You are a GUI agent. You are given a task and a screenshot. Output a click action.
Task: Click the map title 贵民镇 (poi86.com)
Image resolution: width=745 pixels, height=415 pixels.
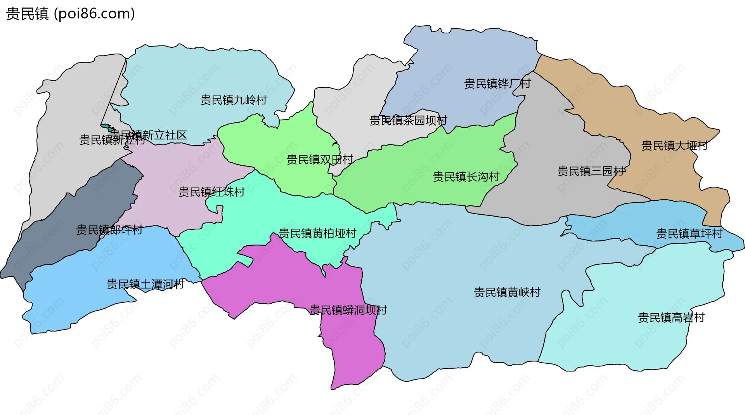70,14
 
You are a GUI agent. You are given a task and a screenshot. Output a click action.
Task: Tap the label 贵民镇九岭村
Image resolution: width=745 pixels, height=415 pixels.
234,100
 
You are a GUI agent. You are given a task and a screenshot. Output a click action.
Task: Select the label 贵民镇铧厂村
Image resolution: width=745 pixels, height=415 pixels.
497,84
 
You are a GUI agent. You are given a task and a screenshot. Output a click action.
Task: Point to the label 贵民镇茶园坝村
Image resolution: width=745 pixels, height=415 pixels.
408,121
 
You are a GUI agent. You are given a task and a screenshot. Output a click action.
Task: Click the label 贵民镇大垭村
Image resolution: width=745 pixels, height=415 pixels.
674,146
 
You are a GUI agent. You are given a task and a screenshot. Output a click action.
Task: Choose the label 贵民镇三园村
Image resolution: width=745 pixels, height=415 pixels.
591,171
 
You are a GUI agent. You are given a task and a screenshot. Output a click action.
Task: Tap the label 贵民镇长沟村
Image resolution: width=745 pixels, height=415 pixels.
466,177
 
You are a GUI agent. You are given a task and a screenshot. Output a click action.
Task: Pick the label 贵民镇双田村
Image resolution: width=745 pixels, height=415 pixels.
320,160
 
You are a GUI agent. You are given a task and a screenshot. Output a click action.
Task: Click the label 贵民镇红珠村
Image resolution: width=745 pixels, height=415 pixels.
211,192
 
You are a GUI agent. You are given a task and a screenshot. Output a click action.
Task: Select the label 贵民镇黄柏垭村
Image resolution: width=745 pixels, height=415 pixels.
317,233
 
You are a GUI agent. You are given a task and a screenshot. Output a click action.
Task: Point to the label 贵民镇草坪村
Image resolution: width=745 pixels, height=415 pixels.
689,234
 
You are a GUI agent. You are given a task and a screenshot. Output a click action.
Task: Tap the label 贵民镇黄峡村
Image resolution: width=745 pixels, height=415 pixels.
507,292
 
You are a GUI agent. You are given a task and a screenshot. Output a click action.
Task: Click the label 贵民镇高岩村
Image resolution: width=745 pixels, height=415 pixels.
671,318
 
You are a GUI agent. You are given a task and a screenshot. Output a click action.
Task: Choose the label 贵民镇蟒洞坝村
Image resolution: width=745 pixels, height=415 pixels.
348,310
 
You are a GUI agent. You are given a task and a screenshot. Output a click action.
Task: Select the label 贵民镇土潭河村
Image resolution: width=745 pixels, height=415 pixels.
146,285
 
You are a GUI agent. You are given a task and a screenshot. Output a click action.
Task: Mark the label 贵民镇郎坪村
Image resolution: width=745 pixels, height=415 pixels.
109,230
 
